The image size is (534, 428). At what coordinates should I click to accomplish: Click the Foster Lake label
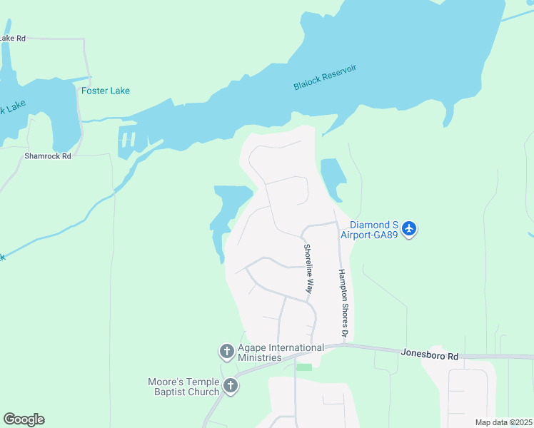[x=105, y=91]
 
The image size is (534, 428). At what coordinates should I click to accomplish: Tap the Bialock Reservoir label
[x=324, y=77]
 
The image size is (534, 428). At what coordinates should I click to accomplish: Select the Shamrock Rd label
[x=48, y=156]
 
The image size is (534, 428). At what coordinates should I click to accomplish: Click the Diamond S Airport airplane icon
[x=408, y=229]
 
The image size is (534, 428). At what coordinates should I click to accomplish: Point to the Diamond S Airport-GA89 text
[x=374, y=229]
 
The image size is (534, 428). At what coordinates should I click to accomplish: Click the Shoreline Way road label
[x=308, y=269]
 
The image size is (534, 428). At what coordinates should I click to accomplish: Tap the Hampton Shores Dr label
[x=343, y=302]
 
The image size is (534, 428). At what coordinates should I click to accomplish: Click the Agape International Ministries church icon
[x=226, y=352]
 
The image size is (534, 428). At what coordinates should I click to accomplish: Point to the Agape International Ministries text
[x=281, y=352]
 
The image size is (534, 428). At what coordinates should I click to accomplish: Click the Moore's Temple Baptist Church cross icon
[x=230, y=387]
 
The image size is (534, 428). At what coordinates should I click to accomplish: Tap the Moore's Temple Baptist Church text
[x=183, y=387]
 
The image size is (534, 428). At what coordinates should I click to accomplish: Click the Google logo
[x=24, y=419]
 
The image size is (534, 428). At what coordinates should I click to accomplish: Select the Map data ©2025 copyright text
[x=503, y=422]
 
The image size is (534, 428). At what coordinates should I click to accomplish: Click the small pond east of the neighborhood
[x=331, y=178]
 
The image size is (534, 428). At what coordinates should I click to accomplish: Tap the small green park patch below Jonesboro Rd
[x=304, y=367]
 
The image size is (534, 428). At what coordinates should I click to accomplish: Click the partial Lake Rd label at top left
[x=12, y=38]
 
